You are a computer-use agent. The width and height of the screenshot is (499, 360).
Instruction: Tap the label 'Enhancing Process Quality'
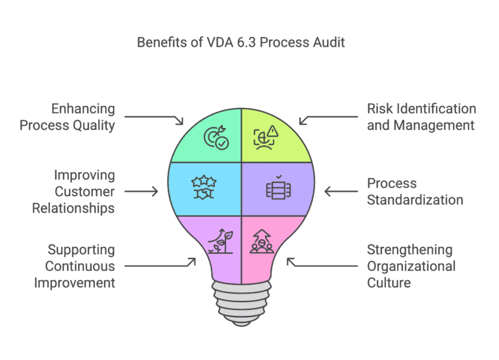pyautogui.click(x=67, y=117)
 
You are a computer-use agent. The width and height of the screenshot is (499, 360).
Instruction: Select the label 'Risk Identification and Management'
pyautogui.click(x=421, y=117)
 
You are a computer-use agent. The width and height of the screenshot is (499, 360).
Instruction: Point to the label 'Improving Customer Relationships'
pyautogui.click(x=84, y=192)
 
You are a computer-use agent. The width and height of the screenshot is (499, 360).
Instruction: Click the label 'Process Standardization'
pyautogui.click(x=415, y=192)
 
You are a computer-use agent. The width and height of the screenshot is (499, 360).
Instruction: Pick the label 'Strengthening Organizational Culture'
pyautogui.click(x=411, y=266)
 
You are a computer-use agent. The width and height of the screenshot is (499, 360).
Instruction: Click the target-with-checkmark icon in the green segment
pyautogui.click(x=216, y=138)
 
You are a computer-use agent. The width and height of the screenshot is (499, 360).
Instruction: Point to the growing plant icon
pyautogui.click(x=218, y=241)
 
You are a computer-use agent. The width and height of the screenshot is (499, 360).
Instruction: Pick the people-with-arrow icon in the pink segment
pyautogui.click(x=262, y=241)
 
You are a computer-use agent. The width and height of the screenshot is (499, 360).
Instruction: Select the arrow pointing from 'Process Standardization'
pyautogui.click(x=341, y=192)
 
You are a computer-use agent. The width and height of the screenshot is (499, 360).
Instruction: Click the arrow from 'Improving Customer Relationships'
pyautogui.click(x=141, y=192)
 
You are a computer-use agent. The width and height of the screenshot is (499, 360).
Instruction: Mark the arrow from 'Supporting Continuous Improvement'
pyautogui.click(x=159, y=265)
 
